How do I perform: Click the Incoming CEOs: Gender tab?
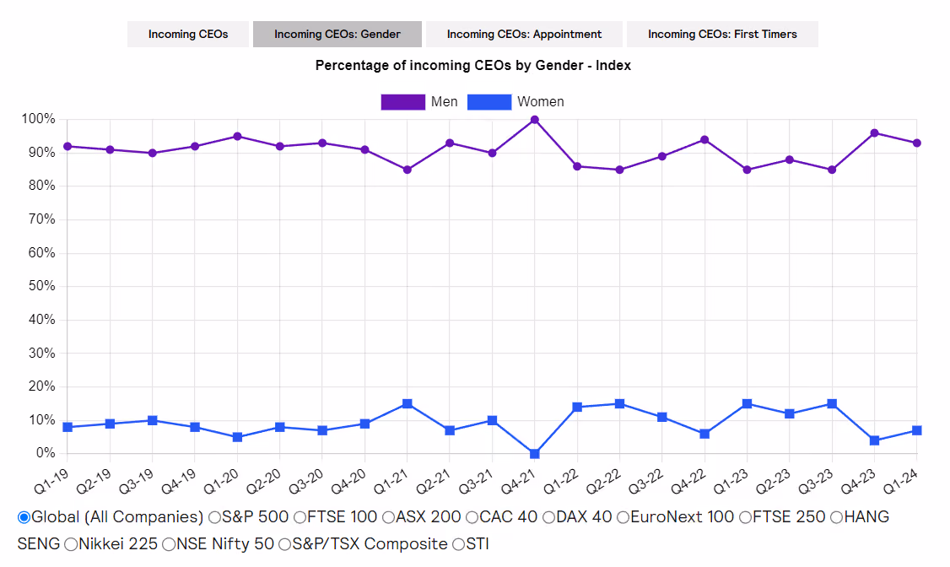pyautogui.click(x=337, y=34)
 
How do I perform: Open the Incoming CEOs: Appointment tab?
pyautogui.click(x=524, y=34)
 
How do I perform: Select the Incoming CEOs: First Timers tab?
pyautogui.click(x=722, y=34)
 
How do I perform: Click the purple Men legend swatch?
pyautogui.click(x=403, y=102)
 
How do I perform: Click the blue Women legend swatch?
pyautogui.click(x=489, y=102)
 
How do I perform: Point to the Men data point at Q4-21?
pyautogui.click(x=535, y=120)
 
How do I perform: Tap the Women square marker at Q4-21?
pyautogui.click(x=535, y=454)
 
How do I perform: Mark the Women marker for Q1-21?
pyautogui.click(x=408, y=403)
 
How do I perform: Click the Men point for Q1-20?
pyautogui.click(x=238, y=137)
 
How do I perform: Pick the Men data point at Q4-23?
pyautogui.click(x=874, y=133)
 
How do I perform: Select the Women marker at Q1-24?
pyautogui.click(x=917, y=430)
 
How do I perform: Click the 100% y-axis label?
pyautogui.click(x=38, y=119)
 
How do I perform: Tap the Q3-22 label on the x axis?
pyautogui.click(x=646, y=481)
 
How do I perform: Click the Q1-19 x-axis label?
pyautogui.click(x=51, y=481)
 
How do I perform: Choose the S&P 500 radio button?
pyautogui.click(x=214, y=517)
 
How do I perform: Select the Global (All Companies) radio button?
pyautogui.click(x=24, y=517)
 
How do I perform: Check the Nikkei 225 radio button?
pyautogui.click(x=71, y=544)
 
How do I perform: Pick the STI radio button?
pyautogui.click(x=459, y=544)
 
